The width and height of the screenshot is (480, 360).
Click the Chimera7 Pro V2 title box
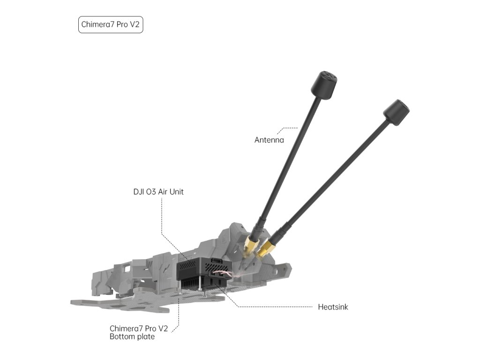pos(110,25)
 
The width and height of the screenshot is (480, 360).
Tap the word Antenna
pos(269,140)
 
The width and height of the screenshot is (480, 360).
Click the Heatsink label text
pos(333,307)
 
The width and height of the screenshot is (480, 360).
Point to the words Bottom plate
pos(132,337)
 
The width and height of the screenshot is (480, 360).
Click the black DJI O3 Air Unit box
pos(195,269)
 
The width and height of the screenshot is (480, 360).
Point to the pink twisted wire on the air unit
pos(220,277)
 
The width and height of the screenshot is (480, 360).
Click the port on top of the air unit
pos(217,259)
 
